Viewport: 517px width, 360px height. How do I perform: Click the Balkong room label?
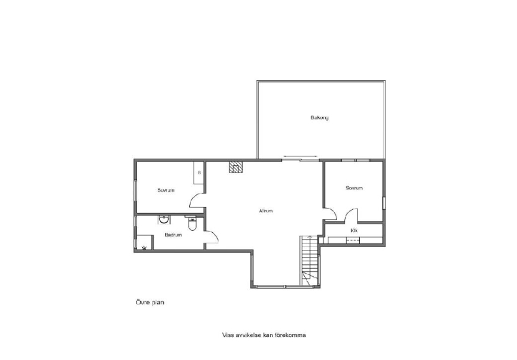(x=319, y=117)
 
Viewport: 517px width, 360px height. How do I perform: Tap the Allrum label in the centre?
(x=266, y=210)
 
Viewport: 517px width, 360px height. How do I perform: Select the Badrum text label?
(x=173, y=235)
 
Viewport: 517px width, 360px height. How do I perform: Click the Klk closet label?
(x=354, y=231)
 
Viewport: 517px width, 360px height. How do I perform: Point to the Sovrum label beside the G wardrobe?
(x=166, y=190)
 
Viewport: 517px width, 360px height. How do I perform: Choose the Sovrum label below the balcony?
(x=354, y=188)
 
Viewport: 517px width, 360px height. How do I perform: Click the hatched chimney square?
(x=236, y=167)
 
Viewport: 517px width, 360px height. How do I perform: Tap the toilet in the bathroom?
(x=192, y=223)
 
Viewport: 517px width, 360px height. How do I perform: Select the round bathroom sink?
(x=164, y=220)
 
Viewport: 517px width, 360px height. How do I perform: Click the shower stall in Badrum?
(x=145, y=243)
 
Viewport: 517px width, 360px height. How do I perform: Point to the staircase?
(x=310, y=260)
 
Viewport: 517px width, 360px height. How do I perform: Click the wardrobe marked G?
(x=198, y=173)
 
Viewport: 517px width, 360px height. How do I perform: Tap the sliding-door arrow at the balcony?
(x=300, y=156)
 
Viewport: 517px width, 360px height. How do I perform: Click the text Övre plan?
(x=150, y=302)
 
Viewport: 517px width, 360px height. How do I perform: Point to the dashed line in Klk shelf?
(x=353, y=240)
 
